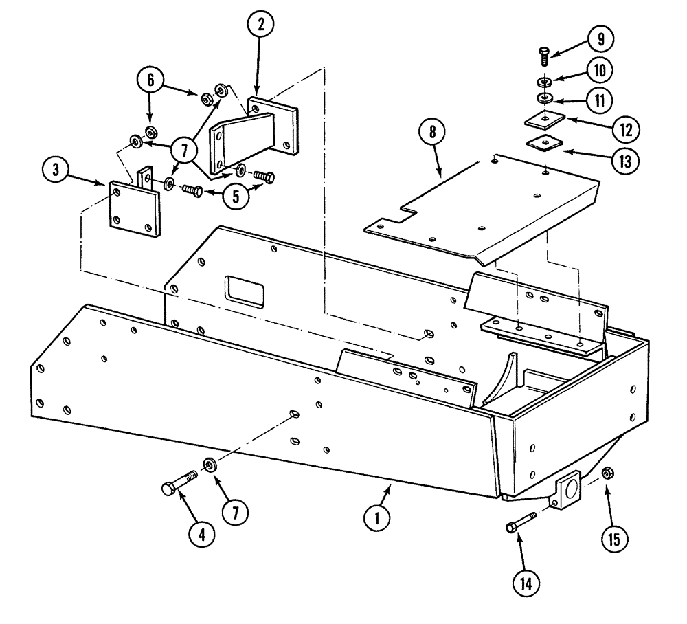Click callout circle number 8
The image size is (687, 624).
pos(433,133)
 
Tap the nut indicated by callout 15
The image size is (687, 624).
pos(607,473)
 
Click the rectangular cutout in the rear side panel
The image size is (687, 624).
pos(242,291)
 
